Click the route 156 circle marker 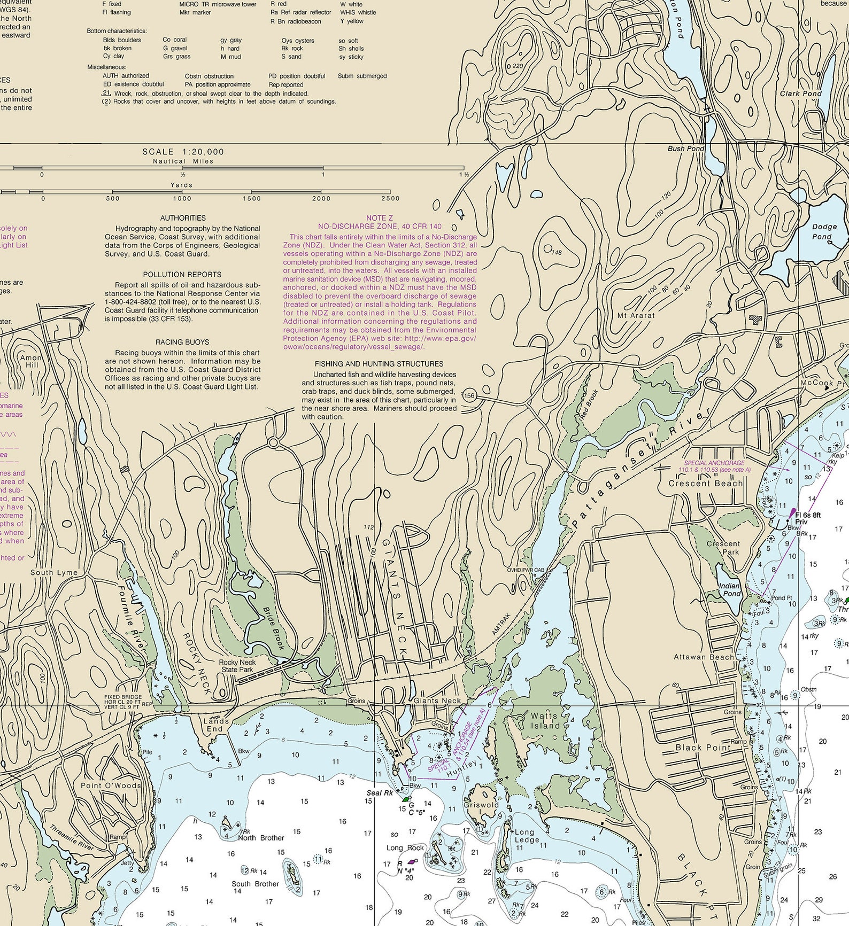469,396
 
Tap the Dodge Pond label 824,231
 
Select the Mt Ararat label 636,315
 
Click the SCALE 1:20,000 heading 183,152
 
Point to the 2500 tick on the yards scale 390,198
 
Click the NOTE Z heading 380,218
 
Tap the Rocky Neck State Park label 237,666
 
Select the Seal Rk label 379,792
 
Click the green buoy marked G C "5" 406,799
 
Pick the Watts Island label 545,720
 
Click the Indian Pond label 731,589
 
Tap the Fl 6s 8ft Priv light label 807,518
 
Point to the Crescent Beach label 705,483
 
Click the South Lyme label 53,572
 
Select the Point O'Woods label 111,785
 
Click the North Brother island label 261,838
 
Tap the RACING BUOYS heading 182,342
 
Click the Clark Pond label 800,93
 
